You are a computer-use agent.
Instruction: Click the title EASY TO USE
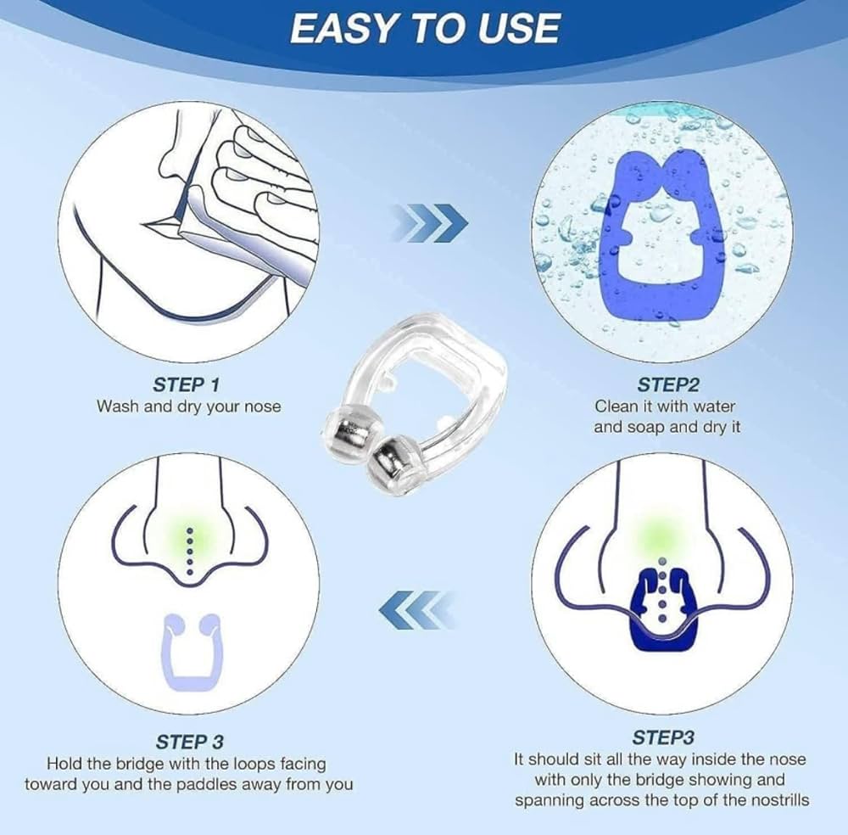click(424, 28)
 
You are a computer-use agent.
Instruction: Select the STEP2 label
click(667, 384)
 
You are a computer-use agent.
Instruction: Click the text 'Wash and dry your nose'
click(188, 406)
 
